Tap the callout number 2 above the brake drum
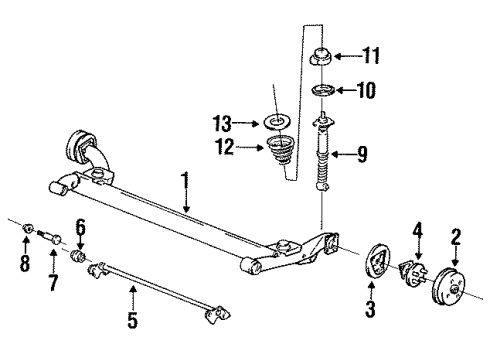(455, 237)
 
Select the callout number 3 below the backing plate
(369, 310)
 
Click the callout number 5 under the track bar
(133, 321)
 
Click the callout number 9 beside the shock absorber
(363, 154)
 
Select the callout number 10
(366, 90)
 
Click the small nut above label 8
(25, 239)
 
